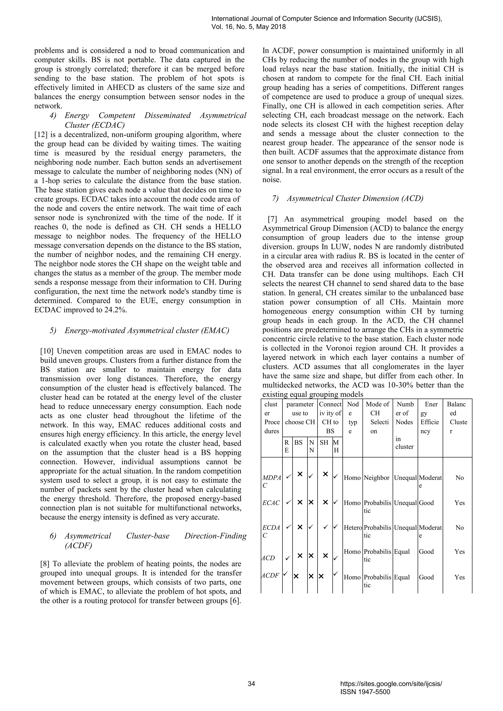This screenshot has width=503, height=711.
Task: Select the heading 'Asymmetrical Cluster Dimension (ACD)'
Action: [355, 199]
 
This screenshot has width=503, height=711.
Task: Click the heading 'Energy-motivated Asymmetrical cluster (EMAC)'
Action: [147, 330]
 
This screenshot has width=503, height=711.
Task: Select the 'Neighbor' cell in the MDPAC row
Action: [377, 478]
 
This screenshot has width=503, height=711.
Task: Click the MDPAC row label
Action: [272, 481]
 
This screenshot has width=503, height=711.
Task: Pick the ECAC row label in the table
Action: [271, 503]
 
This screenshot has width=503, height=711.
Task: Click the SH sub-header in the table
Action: [324, 442]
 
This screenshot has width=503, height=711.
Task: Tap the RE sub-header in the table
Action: [287, 446]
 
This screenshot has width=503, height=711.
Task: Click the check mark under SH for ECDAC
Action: [325, 526]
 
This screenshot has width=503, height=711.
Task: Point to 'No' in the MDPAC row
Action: [460, 478]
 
